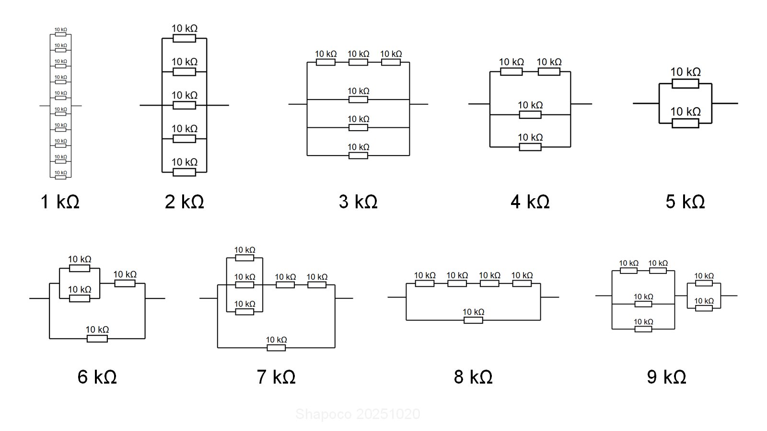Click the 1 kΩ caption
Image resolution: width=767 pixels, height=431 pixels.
point(60,202)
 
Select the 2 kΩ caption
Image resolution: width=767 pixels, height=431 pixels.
point(185,202)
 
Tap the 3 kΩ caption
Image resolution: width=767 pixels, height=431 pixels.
point(358,202)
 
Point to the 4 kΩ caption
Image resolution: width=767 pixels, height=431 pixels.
point(530,202)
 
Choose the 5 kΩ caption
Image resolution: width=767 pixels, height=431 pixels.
point(685,202)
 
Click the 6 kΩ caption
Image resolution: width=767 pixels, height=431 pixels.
point(97,377)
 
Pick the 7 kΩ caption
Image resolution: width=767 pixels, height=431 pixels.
point(276,377)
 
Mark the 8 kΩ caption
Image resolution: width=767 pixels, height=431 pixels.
point(473,377)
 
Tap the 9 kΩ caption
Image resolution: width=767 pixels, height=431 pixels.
point(666,377)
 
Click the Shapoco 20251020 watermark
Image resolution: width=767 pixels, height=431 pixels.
point(358,414)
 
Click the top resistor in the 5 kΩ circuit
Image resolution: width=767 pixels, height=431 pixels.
point(685,84)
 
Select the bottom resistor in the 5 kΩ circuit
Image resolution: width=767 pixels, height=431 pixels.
point(685,124)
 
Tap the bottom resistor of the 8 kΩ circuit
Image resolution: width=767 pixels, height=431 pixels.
point(473,320)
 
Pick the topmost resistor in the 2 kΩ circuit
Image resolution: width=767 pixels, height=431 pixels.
point(185,38)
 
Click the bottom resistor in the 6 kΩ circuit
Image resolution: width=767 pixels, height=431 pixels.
point(97,339)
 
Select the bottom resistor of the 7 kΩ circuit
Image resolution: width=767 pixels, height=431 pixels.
point(276,348)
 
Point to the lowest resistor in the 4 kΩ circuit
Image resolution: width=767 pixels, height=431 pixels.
point(530,147)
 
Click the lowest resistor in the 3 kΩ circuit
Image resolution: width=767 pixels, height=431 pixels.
point(358,156)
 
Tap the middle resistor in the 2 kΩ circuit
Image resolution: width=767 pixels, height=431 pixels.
point(185,105)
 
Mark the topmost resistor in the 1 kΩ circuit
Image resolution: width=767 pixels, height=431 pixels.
point(60,34)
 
